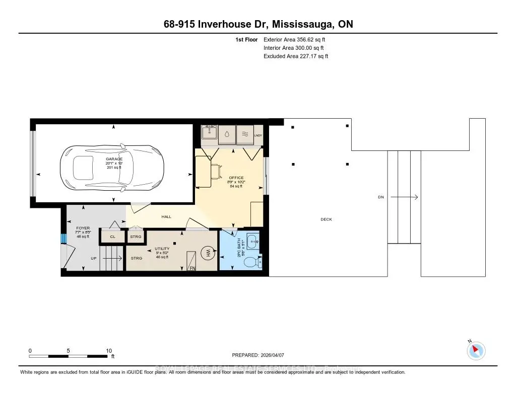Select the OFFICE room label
(236, 178)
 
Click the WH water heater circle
(206, 254)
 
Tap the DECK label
(326, 219)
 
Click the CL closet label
(112, 236)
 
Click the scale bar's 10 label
(109, 351)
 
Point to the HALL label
(166, 217)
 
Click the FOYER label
(83, 228)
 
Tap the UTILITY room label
(162, 249)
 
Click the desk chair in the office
(217, 171)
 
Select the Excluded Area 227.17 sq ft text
(296, 56)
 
